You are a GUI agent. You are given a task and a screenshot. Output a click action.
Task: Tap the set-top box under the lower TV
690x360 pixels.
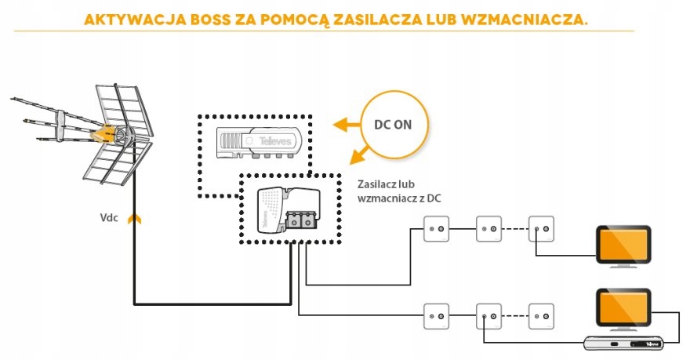pyautogui.click(x=624, y=343)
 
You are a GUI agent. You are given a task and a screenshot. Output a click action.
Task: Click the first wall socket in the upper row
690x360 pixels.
pyautogui.click(x=434, y=230)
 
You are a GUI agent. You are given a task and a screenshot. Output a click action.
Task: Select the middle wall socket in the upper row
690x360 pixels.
pyautogui.click(x=488, y=230)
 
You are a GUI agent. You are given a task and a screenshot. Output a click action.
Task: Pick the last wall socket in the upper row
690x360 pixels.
pyautogui.click(x=542, y=230)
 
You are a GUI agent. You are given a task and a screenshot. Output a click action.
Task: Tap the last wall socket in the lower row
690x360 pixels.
pyautogui.click(x=542, y=316)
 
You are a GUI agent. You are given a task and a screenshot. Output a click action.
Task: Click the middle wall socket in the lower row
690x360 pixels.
pyautogui.click(x=488, y=316)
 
